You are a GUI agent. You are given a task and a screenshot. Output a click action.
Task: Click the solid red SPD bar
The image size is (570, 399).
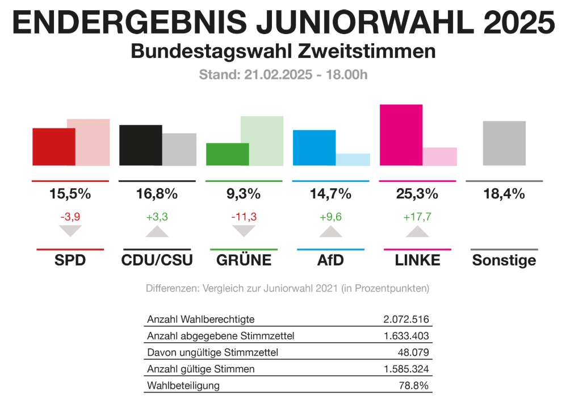click(54, 147)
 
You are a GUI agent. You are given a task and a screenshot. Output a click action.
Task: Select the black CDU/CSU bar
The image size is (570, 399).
click(141, 145)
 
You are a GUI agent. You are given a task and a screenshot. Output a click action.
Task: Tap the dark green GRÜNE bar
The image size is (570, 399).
click(227, 154)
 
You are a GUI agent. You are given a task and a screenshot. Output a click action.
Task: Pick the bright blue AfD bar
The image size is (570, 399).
click(314, 148)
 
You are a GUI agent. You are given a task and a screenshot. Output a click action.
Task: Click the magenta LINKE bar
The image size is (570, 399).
click(401, 135)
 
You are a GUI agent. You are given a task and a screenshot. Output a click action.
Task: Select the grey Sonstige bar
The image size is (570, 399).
click(504, 143)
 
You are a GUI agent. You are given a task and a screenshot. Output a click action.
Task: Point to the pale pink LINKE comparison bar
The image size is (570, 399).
click(440, 156)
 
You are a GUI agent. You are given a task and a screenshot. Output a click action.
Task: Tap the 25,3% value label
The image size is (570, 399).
click(417, 194)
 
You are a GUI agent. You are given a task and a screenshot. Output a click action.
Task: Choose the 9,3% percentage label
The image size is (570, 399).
click(244, 194)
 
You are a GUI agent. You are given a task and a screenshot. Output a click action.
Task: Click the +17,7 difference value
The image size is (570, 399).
click(417, 216)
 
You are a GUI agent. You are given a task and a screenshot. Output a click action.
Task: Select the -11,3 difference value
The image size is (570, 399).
click(244, 216)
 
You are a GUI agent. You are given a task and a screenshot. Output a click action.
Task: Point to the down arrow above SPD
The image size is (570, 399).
click(70, 231)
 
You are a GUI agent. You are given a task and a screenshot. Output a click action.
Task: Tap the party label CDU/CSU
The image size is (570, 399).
click(157, 260)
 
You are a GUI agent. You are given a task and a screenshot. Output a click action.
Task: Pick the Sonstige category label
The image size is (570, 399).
click(504, 260)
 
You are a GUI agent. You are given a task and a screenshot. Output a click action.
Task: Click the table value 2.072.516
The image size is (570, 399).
click(406, 319)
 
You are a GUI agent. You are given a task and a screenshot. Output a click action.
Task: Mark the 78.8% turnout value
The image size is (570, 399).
click(413, 385)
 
